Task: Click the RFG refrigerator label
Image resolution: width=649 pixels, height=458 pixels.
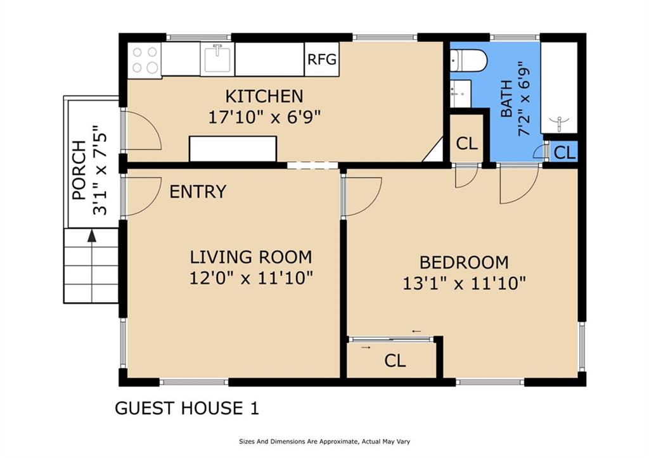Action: coord(322,60)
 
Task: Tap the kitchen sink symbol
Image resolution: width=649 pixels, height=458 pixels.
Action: coord(217,59)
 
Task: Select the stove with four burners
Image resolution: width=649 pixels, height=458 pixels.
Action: coord(145,60)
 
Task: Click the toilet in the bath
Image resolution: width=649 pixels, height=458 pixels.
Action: coord(468,60)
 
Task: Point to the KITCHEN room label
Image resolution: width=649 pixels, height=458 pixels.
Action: coord(264,96)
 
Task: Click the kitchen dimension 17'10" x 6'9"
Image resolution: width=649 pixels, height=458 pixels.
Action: coord(264,117)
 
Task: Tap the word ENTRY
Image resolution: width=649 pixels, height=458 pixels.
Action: coord(198,191)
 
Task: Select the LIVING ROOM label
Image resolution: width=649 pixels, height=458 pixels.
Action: coord(251,257)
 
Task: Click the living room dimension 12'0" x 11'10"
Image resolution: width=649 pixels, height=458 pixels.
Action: coord(251,277)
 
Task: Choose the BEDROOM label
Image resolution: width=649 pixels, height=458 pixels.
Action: coord(464,263)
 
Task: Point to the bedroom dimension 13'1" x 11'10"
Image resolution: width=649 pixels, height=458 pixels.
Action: coord(464,284)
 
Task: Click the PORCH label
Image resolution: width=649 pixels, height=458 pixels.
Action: coord(79,170)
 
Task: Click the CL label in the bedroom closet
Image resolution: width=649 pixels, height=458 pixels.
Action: coord(395,361)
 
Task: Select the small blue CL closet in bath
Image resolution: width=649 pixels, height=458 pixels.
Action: coord(564,153)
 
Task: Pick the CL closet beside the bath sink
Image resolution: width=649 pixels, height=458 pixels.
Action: coord(466,143)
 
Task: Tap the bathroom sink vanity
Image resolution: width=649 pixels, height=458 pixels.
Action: coord(460,94)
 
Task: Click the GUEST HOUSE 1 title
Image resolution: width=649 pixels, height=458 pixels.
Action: coord(187,409)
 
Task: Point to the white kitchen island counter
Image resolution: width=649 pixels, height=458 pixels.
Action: coord(233,148)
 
